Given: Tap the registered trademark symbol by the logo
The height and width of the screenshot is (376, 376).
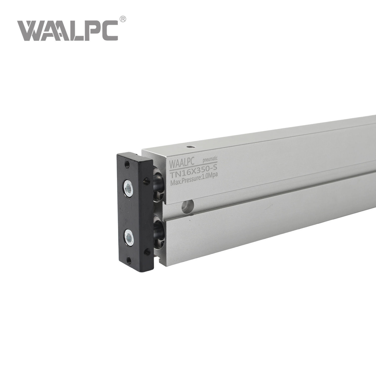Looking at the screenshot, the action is [x=123, y=19].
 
